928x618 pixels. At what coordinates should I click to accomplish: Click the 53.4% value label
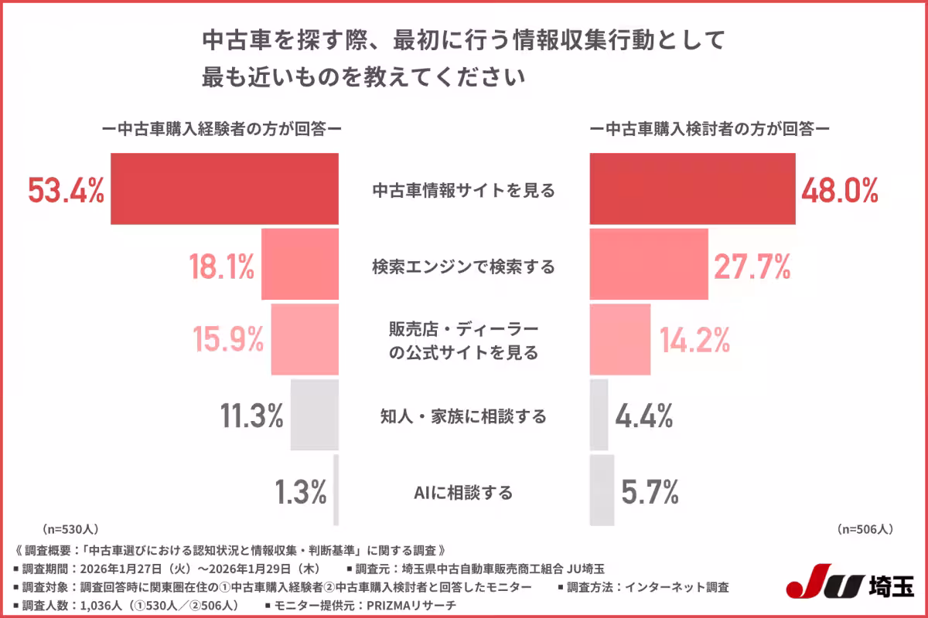(67, 190)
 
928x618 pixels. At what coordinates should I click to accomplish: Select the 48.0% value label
(840, 190)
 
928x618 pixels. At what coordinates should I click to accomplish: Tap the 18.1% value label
(222, 267)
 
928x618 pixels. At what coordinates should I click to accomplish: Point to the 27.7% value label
(752, 267)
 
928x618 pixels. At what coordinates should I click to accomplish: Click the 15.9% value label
(228, 340)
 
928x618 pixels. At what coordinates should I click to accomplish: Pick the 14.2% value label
(695, 340)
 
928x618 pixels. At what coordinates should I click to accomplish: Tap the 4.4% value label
(644, 416)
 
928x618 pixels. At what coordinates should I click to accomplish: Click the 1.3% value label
(301, 492)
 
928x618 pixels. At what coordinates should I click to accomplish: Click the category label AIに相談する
(463, 492)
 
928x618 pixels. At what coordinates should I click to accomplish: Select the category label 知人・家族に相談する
(463, 417)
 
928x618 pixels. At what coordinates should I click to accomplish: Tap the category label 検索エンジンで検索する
(463, 267)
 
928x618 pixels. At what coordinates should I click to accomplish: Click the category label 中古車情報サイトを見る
(463, 191)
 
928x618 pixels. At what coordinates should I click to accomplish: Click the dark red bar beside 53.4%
(225, 188)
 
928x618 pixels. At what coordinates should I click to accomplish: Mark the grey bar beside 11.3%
(315, 415)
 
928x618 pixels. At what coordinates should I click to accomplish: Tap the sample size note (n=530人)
(70, 529)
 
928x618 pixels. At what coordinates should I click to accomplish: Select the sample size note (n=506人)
(865, 529)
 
